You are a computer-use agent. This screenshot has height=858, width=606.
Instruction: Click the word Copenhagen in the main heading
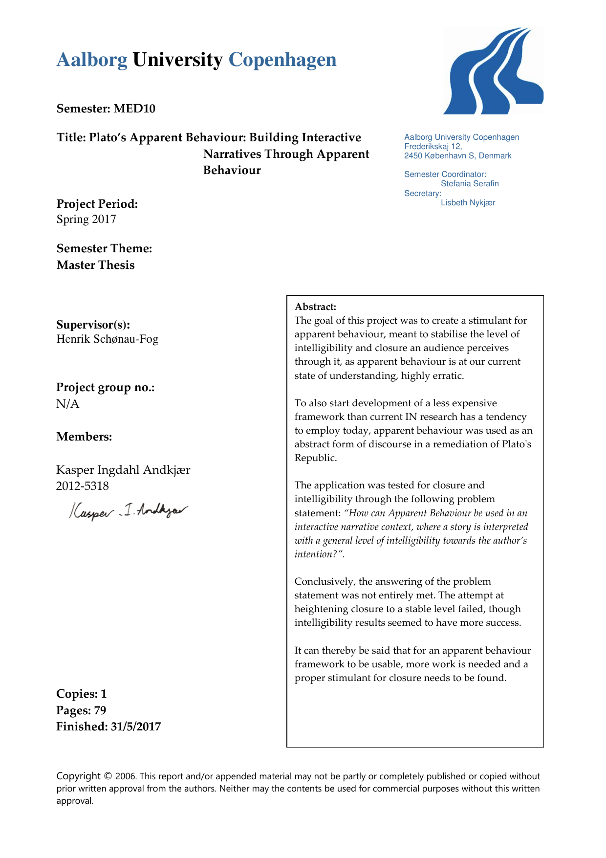click(282, 60)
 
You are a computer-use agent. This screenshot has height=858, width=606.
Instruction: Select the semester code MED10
click(134, 109)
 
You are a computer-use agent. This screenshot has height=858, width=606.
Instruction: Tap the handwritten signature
click(128, 511)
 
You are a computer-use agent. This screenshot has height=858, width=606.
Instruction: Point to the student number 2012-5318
click(83, 486)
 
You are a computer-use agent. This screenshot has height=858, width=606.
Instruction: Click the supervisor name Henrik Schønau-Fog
click(108, 339)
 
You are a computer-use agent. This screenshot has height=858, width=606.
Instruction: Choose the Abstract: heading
click(316, 307)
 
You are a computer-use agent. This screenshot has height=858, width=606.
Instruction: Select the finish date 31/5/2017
click(136, 726)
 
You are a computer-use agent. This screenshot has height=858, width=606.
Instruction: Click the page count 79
click(100, 710)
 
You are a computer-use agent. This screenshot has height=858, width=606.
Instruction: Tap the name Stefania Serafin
click(470, 184)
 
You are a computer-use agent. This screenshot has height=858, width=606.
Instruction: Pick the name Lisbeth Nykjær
click(468, 203)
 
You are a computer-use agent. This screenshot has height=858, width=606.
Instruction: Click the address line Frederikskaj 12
click(433, 146)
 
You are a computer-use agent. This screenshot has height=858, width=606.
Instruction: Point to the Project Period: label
click(97, 204)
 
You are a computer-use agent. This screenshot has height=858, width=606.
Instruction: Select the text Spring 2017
click(87, 219)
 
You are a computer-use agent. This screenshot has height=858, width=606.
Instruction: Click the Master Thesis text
click(96, 265)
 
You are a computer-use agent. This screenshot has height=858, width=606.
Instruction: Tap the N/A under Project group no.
click(68, 404)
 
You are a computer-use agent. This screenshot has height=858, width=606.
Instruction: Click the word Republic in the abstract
click(315, 458)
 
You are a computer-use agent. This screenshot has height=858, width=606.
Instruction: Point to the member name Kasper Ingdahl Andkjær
click(123, 470)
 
